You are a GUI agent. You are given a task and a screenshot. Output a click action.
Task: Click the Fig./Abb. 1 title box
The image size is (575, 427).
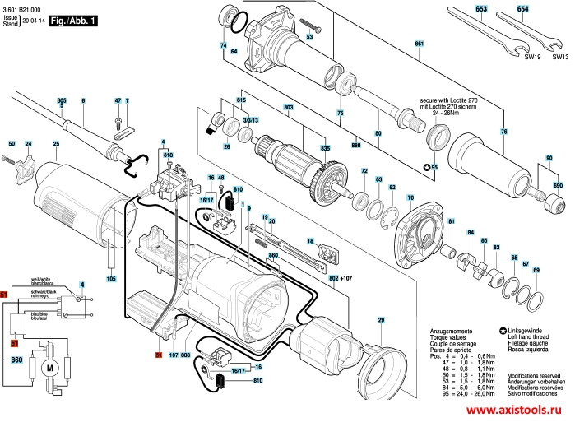click(x=72, y=20)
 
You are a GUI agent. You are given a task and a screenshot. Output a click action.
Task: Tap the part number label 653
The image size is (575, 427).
click(x=480, y=8)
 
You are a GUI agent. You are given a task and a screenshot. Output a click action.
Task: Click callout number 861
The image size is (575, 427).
click(x=419, y=43)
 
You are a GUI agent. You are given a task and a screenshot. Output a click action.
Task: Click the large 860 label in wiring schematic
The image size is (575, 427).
click(x=16, y=360)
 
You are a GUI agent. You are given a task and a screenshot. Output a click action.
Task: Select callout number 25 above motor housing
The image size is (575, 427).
click(x=56, y=145)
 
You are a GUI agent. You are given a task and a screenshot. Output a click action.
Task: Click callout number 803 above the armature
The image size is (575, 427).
click(x=288, y=107)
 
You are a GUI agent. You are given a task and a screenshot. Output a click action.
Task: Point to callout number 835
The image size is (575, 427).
click(x=325, y=147)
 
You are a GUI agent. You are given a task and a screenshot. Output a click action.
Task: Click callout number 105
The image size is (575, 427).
click(x=111, y=279)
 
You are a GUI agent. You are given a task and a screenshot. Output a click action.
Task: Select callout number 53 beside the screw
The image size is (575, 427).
click(x=309, y=38)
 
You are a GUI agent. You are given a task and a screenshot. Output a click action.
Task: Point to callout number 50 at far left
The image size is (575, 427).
click(x=12, y=144)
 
